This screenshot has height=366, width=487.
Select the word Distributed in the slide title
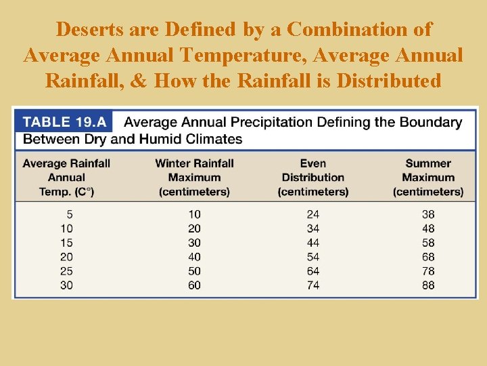point(389,81)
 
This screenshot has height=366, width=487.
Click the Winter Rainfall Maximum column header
point(194,178)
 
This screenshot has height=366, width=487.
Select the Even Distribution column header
point(313,178)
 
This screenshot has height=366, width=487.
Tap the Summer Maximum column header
point(428,178)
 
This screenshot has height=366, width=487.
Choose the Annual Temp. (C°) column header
point(66,178)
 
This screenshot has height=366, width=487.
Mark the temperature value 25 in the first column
point(66,271)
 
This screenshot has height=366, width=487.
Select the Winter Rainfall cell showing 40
point(194,257)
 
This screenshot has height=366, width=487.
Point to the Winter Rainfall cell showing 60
point(194,285)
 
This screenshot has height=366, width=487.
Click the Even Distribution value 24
point(313,214)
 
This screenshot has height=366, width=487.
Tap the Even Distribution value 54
point(313,257)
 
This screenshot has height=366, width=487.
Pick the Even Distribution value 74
point(313,285)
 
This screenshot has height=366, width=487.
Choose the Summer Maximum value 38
point(428,214)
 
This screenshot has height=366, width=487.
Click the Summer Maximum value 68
point(428,257)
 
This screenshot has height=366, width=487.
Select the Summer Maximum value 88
point(428,285)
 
